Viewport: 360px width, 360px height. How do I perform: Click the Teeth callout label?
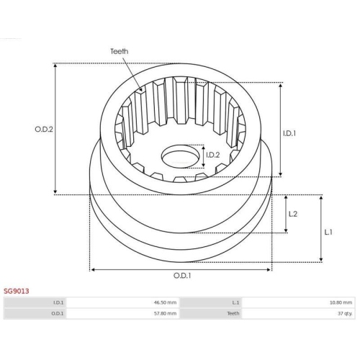[119, 51]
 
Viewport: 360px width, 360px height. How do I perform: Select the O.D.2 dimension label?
[44, 130]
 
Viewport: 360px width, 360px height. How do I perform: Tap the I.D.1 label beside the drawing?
[289, 133]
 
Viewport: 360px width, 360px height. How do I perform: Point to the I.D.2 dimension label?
[213, 155]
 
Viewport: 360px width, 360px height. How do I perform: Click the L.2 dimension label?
[293, 214]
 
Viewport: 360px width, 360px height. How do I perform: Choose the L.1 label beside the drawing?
[328, 233]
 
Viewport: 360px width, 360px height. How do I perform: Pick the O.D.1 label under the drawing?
[182, 276]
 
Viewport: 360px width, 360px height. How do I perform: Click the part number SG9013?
[17, 291]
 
